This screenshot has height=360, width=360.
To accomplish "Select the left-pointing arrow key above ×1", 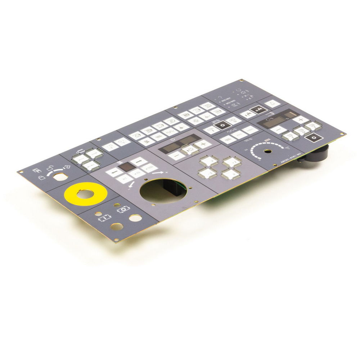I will point(112,172).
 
